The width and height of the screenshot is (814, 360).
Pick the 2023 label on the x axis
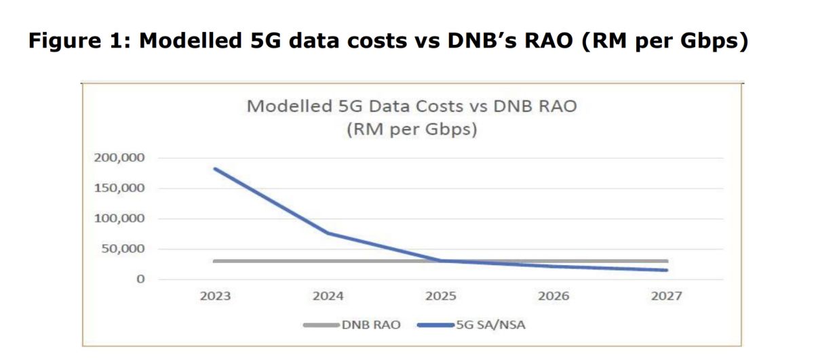215,296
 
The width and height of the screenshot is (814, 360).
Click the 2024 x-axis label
328,296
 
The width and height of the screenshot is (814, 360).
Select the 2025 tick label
442,296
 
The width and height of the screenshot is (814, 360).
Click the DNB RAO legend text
370,325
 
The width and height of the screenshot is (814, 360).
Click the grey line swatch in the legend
320,325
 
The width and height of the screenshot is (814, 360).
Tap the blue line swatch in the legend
435,325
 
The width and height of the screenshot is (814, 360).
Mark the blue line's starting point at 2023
215,169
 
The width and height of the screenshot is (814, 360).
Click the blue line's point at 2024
328,233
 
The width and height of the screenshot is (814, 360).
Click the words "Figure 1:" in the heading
79,40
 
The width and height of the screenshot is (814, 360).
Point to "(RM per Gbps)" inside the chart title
412,129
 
